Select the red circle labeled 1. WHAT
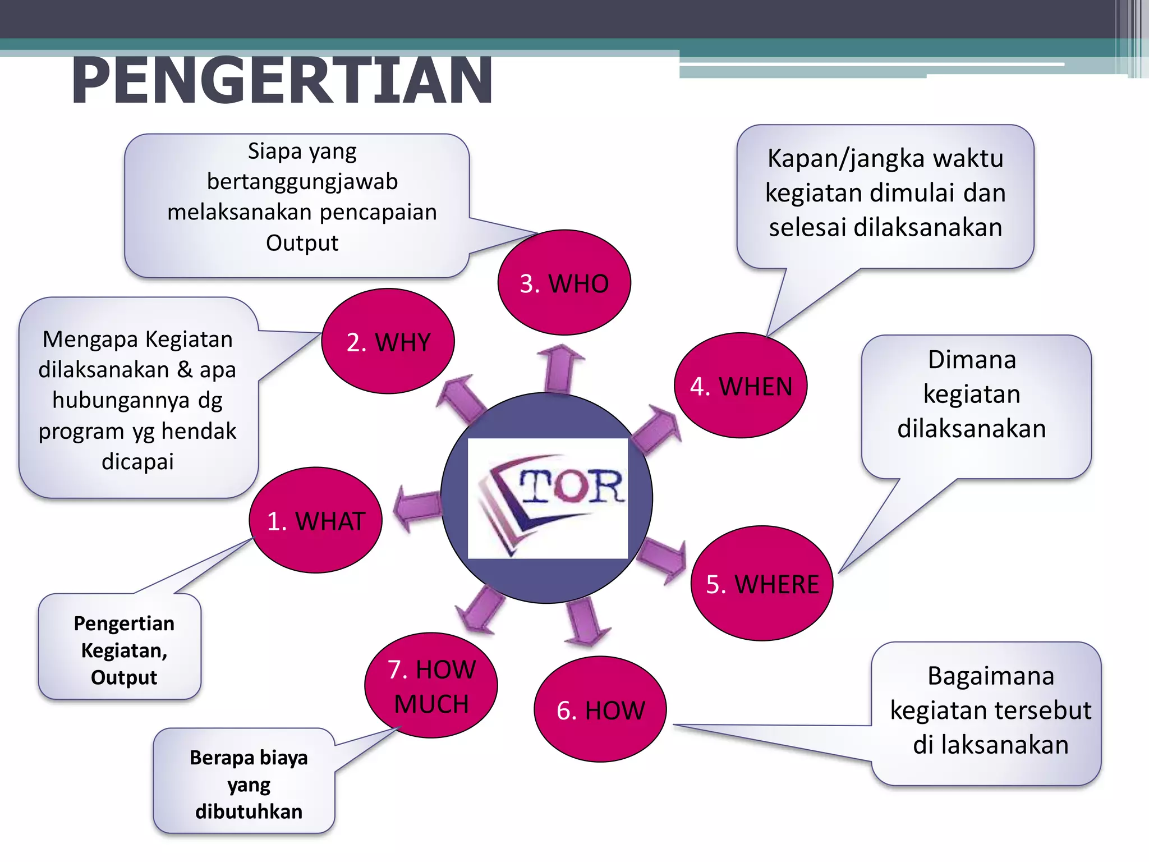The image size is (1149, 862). click(x=316, y=520)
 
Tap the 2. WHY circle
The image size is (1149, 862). click(x=388, y=341)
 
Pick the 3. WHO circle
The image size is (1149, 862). click(x=564, y=283)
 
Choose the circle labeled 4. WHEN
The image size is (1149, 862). click(x=741, y=386)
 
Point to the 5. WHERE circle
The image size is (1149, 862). click(x=762, y=584)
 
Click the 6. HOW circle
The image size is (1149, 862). click(x=600, y=709)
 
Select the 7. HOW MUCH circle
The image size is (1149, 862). click(x=431, y=685)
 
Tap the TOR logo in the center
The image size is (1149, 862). click(x=548, y=498)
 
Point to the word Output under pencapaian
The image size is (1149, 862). click(x=302, y=243)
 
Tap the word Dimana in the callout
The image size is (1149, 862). click(x=972, y=360)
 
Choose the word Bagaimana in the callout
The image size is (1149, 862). click(x=991, y=676)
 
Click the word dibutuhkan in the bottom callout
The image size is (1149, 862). click(x=249, y=811)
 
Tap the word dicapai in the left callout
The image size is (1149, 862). click(x=137, y=462)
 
